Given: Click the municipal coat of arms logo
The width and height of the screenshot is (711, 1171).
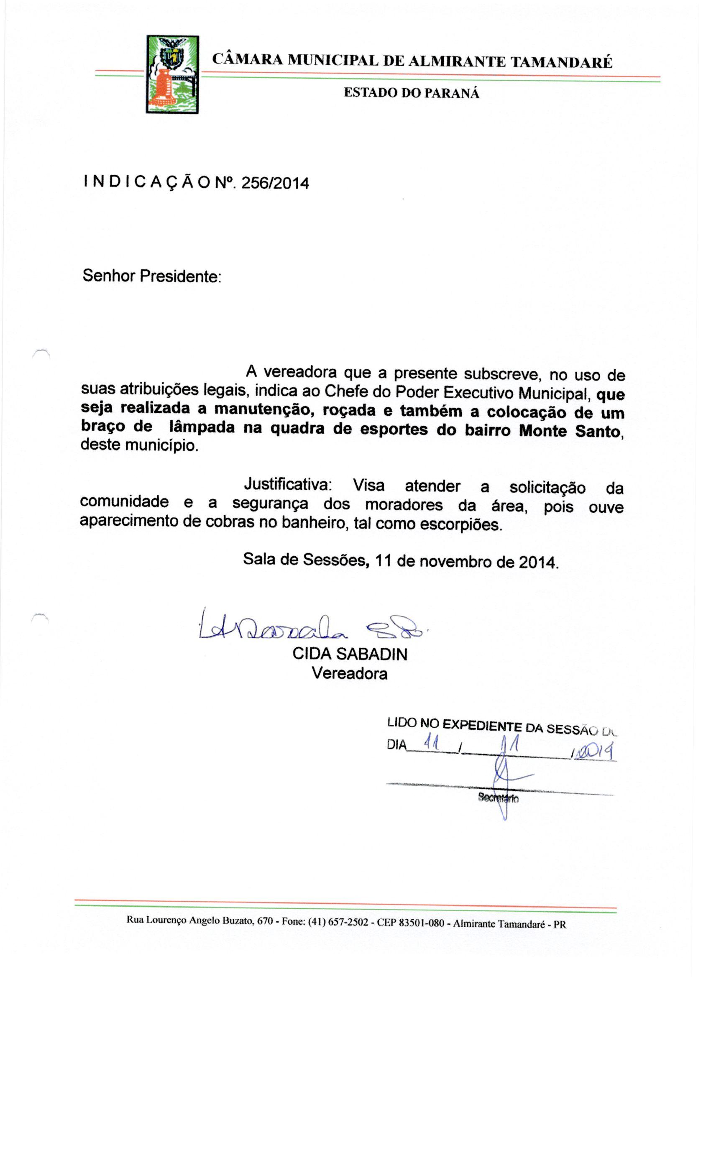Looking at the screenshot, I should (172, 74).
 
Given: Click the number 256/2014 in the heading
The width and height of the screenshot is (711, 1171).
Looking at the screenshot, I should (275, 183).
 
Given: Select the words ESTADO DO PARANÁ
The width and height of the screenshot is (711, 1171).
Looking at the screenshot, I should (412, 93).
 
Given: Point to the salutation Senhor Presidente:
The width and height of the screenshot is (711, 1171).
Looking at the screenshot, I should (152, 276).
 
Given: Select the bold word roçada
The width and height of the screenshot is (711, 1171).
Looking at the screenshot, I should (348, 410).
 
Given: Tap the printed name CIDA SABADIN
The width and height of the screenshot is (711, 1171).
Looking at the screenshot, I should (350, 655).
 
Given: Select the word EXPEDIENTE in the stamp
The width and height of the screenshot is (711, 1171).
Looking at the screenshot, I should (482, 725).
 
